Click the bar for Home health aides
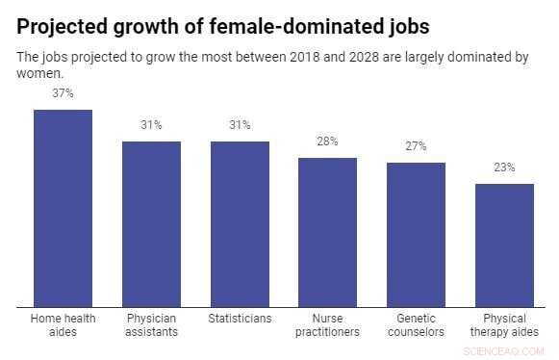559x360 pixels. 63,208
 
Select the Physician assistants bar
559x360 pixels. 151,223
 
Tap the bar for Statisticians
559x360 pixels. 240,223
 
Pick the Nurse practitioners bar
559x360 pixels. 328,232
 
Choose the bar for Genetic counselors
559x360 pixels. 416,234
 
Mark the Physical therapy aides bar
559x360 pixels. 504,244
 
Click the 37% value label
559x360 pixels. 63,93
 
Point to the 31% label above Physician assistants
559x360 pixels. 151,125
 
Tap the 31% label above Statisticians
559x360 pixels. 240,125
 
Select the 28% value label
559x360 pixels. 328,141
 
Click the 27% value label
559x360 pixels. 416,146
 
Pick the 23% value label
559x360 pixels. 504,167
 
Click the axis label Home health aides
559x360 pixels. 63,324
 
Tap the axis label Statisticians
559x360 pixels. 240,318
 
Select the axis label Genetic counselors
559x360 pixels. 416,324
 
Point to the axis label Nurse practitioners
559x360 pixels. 328,324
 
